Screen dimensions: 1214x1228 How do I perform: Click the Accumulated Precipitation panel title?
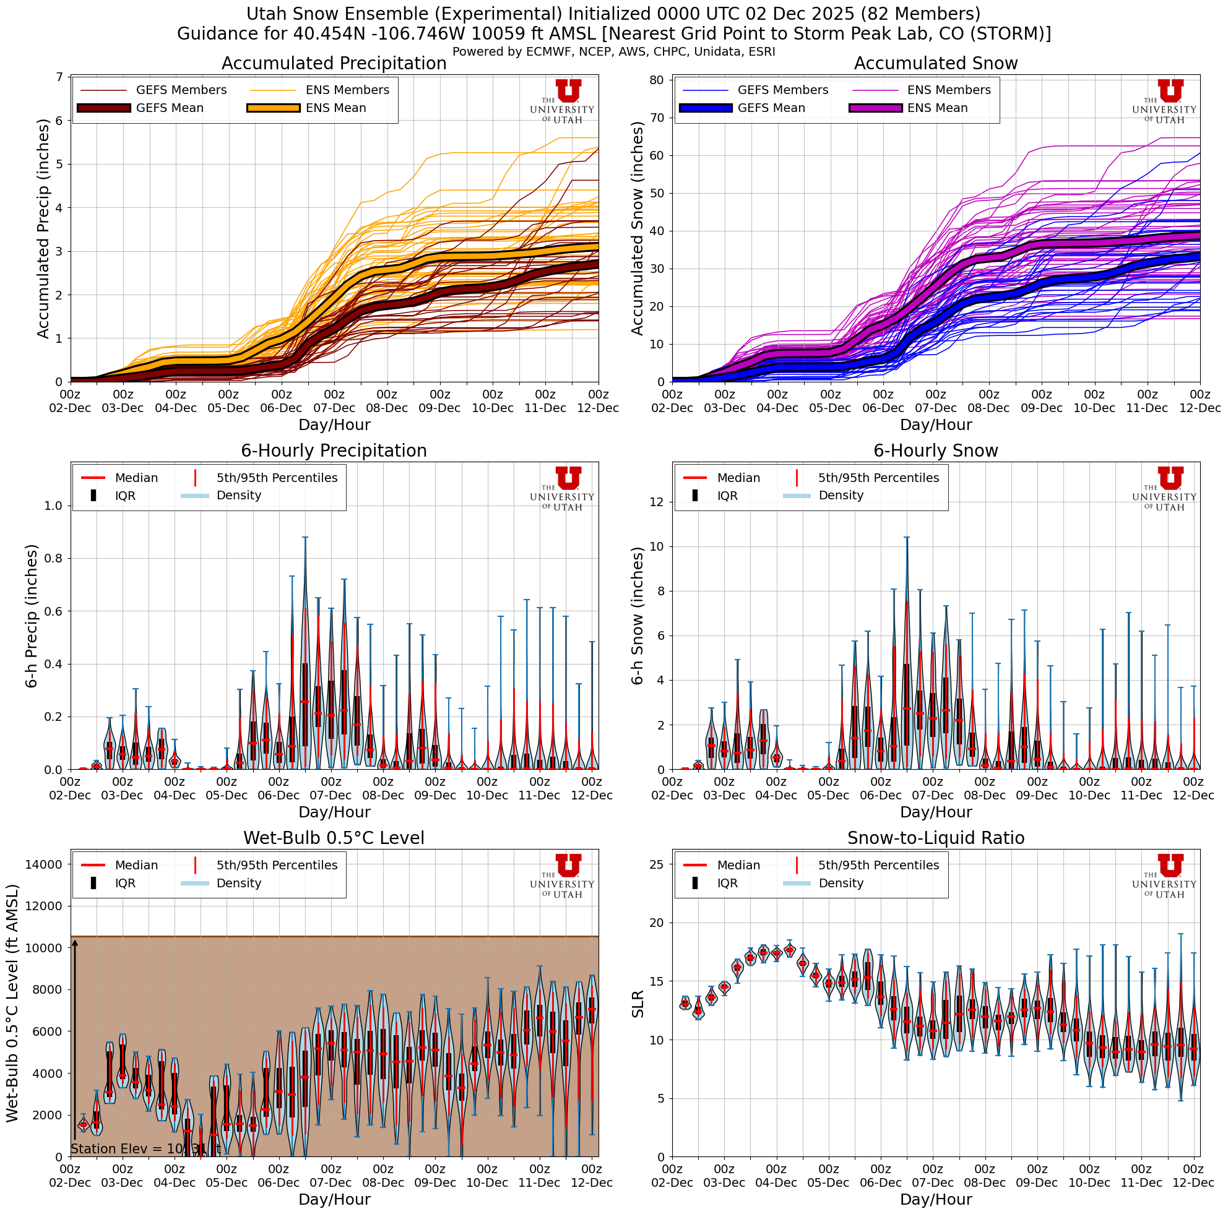click(334, 64)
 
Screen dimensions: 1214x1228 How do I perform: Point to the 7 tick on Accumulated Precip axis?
click(60, 77)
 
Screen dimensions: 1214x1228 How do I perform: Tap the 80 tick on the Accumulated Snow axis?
click(657, 80)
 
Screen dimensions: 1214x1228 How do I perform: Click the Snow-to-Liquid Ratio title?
click(936, 838)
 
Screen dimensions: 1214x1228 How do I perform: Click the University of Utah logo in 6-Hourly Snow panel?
click(1164, 488)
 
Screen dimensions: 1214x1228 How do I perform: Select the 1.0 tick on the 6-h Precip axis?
click(53, 506)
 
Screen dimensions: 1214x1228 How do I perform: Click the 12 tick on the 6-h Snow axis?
click(657, 502)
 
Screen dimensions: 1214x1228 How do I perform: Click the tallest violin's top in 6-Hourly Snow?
click(906, 538)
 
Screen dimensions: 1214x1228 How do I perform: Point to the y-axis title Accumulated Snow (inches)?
click(638, 228)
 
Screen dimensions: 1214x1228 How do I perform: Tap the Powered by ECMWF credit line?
click(613, 51)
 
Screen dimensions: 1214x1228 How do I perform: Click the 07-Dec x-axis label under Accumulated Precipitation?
click(334, 408)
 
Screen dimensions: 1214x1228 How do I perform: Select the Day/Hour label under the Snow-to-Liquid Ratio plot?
click(936, 1199)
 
